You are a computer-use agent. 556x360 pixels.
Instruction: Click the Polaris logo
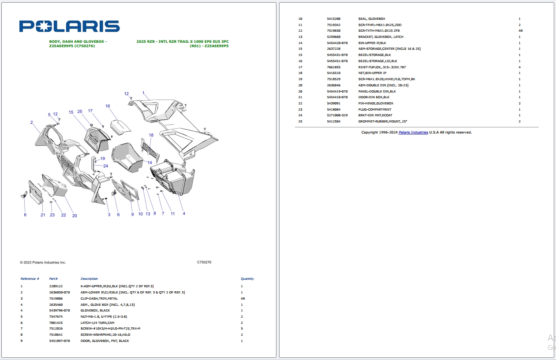click(69, 26)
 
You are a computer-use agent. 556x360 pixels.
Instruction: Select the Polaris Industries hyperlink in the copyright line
click(413, 132)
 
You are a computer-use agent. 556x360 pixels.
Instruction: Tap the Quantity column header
click(247, 279)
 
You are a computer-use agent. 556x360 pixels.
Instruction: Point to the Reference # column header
click(30, 279)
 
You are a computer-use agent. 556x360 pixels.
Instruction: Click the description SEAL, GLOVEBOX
click(372, 19)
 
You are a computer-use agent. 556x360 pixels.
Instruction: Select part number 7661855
click(333, 67)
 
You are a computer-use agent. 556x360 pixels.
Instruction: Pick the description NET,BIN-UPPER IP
click(372, 73)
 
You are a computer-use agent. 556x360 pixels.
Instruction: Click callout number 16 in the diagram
click(108, 106)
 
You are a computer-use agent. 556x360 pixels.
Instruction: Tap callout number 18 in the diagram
click(151, 135)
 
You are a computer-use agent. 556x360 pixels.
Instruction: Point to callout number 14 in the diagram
click(149, 163)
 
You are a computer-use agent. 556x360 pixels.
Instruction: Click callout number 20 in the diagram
click(75, 215)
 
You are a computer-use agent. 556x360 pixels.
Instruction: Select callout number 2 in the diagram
click(32, 122)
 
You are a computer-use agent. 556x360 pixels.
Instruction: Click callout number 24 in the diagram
click(106, 166)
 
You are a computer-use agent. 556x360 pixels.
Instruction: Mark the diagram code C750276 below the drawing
click(204, 262)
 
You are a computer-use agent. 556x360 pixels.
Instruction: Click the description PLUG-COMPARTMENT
click(375, 109)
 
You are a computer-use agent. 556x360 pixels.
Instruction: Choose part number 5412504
click(333, 121)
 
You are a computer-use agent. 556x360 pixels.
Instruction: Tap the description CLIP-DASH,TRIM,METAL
click(99, 298)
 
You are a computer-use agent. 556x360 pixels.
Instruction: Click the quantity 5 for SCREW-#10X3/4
click(242, 329)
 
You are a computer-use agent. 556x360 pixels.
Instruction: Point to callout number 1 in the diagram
click(143, 93)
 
